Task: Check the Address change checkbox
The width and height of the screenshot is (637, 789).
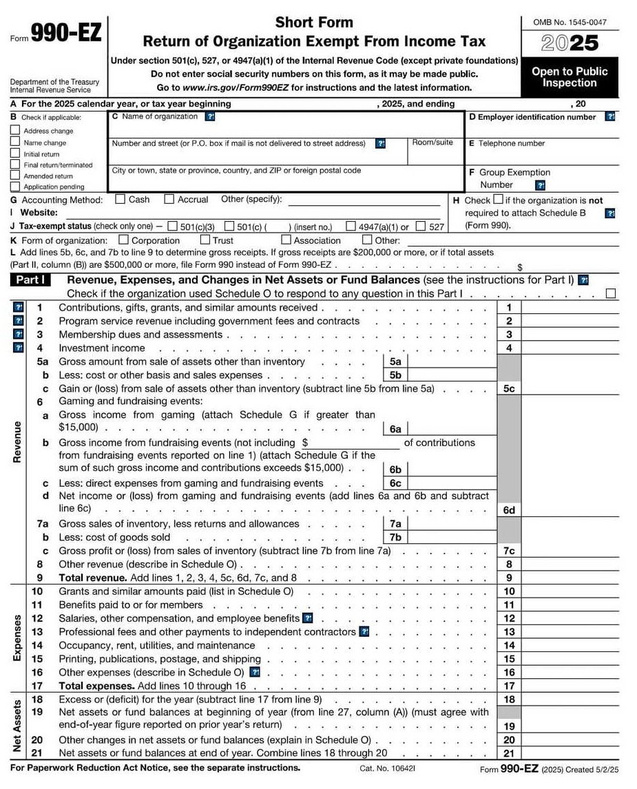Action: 15,130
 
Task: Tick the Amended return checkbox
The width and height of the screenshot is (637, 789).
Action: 15,176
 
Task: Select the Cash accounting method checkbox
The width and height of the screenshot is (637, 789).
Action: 120,200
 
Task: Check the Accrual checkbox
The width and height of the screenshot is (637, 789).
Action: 169,200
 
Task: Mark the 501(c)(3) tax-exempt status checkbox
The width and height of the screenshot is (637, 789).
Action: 172,227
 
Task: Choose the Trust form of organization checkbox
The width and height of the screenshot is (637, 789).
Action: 205,240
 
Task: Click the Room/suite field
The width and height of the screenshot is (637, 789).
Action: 434,155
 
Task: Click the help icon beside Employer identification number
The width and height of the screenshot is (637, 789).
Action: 609,117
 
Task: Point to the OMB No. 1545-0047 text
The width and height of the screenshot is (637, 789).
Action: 570,23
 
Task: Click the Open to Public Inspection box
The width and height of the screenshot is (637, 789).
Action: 570,77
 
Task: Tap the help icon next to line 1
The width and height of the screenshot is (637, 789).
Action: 19,308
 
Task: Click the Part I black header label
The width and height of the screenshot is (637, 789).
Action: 32,280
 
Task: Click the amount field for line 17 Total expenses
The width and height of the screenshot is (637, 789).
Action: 570,686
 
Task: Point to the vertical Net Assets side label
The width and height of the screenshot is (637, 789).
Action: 17,726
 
